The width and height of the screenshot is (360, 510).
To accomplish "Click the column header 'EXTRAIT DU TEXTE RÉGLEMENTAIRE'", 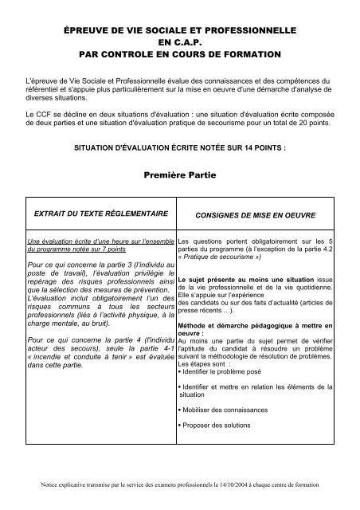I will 99,214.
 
